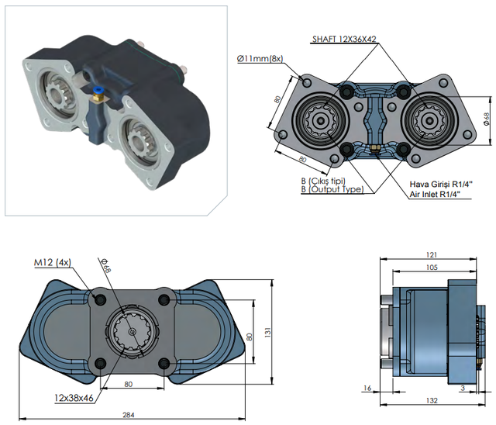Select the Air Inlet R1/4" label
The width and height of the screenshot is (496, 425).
tap(437, 195)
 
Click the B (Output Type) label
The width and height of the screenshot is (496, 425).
tap(332, 189)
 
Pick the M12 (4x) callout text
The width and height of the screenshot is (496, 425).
tap(52, 262)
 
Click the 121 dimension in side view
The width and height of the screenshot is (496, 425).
tap(432, 254)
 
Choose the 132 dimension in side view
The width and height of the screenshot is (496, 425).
tap(432, 400)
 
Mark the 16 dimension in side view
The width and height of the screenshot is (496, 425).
tap(367, 388)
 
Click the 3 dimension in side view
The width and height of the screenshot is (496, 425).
tap(462, 388)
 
